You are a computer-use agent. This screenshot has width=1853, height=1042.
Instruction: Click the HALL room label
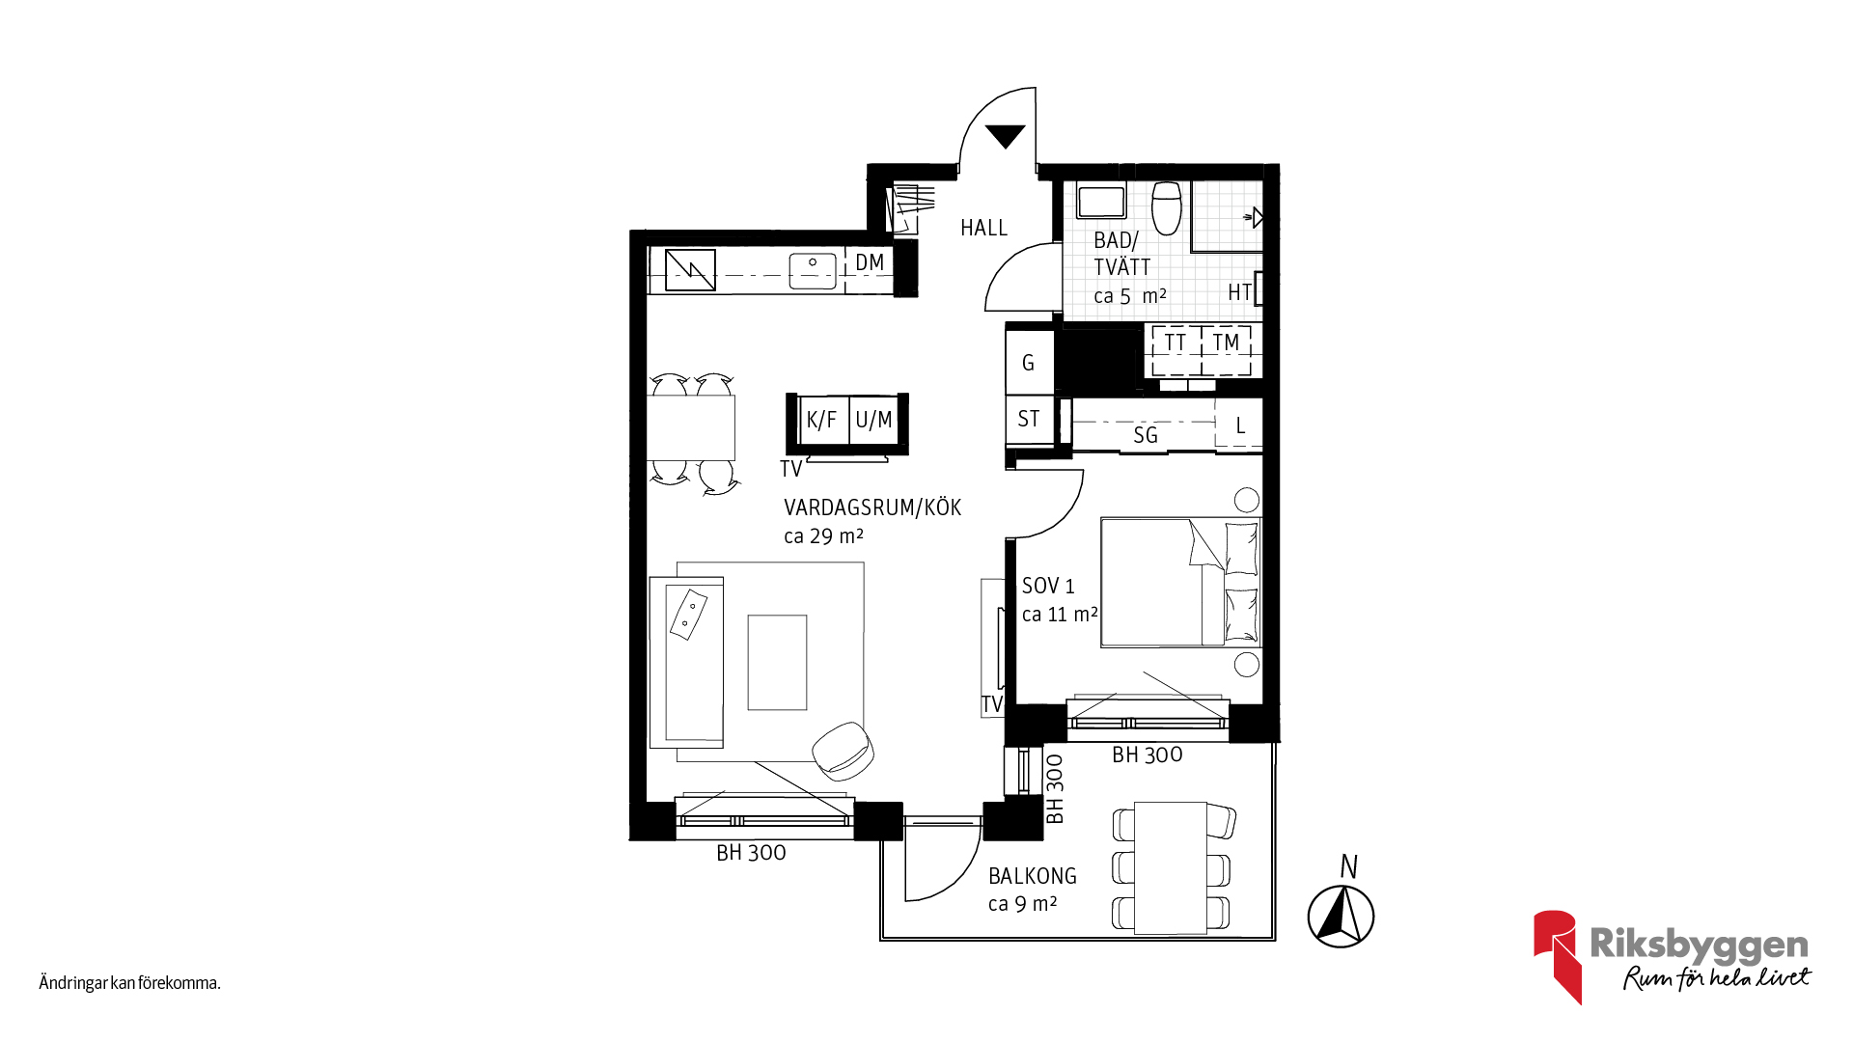(983, 228)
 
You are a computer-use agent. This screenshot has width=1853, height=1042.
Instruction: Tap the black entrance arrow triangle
(1005, 136)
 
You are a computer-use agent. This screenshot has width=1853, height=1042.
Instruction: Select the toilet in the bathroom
(1166, 207)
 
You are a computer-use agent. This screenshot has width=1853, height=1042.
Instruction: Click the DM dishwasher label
(870, 262)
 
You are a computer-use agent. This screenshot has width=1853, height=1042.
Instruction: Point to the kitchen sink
(813, 270)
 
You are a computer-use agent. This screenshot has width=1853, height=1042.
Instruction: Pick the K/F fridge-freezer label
(821, 421)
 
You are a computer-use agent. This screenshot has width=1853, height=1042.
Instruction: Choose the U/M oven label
(873, 421)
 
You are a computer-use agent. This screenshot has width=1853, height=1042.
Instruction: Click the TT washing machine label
(1175, 343)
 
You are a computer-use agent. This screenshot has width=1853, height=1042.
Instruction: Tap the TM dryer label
(1226, 343)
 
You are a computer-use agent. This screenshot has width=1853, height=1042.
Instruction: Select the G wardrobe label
(1028, 363)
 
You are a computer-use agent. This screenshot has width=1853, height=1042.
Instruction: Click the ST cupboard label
(1029, 419)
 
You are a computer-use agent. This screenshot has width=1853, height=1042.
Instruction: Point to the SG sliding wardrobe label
(1146, 435)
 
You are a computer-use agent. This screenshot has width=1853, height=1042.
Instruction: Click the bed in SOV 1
(1180, 582)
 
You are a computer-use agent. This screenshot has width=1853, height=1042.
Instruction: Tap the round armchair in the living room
(844, 751)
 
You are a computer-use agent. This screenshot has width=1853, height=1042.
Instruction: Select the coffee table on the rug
(777, 663)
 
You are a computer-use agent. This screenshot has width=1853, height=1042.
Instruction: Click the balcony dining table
(1171, 867)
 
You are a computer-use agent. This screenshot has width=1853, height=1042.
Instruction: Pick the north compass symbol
(1341, 915)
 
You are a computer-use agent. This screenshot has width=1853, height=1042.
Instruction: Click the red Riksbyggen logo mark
(1557, 955)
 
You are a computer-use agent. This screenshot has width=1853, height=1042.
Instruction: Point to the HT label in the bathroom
(1240, 292)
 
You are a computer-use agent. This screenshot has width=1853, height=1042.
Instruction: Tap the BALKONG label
(1033, 876)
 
